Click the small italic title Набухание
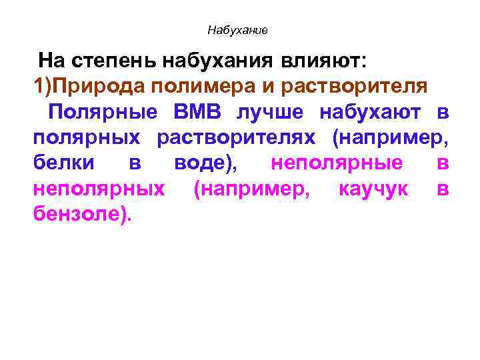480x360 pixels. pyautogui.click(x=237, y=30)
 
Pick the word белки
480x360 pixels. pyautogui.click(x=63, y=163)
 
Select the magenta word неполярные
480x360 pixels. pyautogui.click(x=337, y=163)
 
